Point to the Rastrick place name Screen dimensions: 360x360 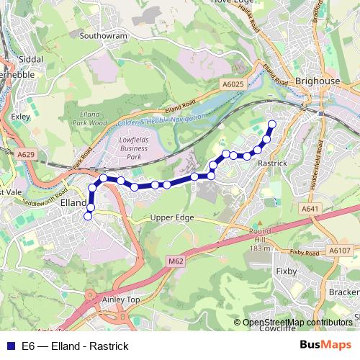click(x=272, y=163)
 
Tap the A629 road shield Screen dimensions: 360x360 click(x=26, y=154)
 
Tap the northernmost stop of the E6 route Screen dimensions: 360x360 click(x=272, y=125)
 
